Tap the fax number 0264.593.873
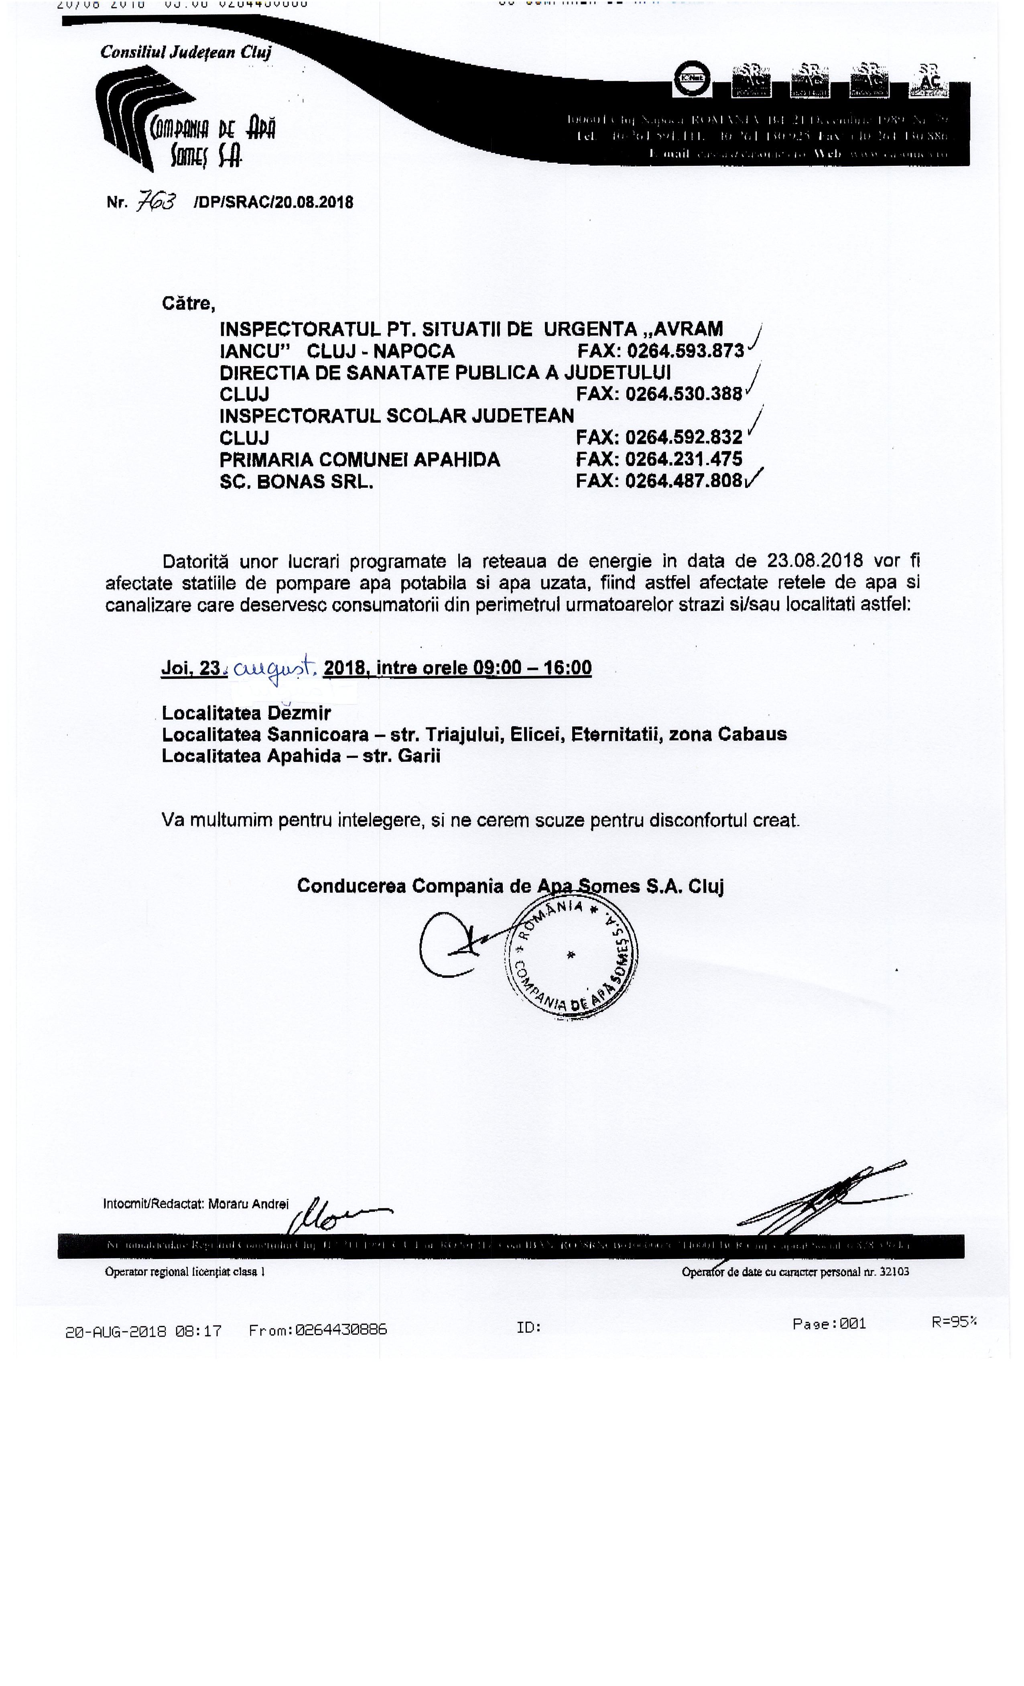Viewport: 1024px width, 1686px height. tap(685, 351)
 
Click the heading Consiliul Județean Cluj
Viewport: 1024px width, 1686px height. tap(185, 52)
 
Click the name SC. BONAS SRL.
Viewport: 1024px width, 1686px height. tap(296, 482)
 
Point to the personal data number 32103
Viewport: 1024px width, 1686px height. tap(893, 1272)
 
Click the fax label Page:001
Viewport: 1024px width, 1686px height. tap(829, 1324)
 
